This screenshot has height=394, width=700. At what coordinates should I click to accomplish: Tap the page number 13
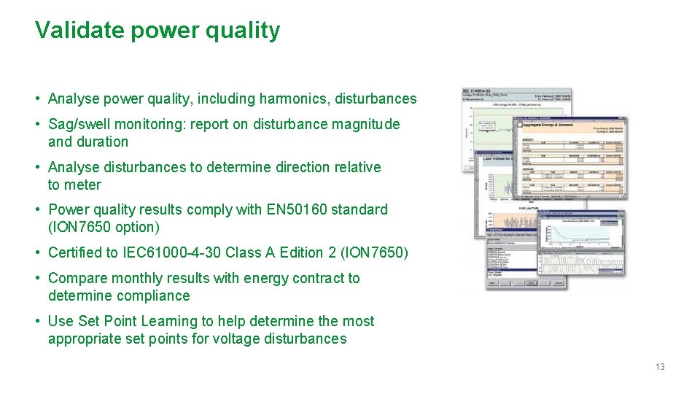(x=659, y=367)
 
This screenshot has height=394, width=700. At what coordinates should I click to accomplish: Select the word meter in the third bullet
(x=83, y=185)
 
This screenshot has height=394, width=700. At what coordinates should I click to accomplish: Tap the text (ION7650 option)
(x=104, y=227)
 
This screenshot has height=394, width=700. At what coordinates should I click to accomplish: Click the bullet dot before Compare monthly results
(x=37, y=278)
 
